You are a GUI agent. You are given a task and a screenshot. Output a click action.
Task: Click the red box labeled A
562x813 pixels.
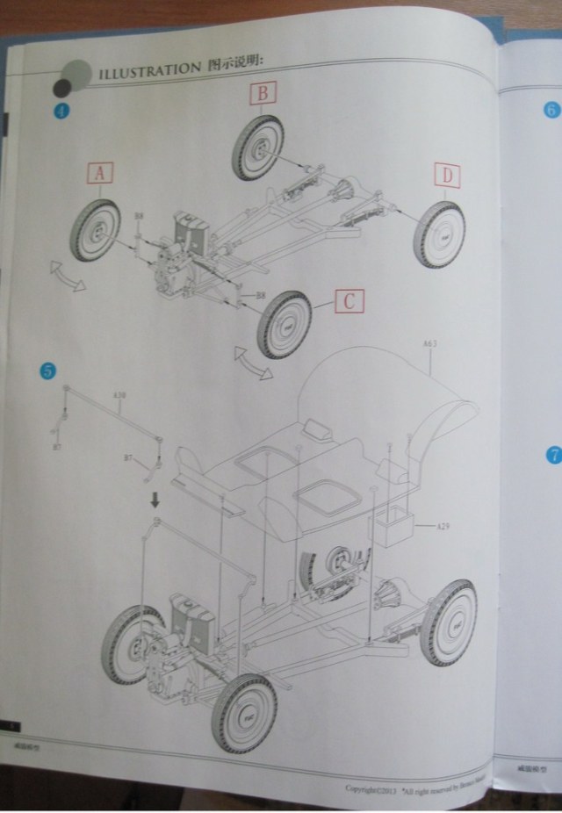pyautogui.click(x=99, y=175)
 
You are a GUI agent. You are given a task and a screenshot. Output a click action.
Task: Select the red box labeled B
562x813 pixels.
pyautogui.click(x=264, y=93)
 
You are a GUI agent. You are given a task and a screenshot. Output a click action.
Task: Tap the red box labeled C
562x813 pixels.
pyautogui.click(x=349, y=302)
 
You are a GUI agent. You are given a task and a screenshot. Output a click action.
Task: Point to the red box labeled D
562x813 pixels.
pyautogui.click(x=446, y=176)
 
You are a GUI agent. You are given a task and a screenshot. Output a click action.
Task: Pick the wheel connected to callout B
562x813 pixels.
pyautogui.click(x=257, y=147)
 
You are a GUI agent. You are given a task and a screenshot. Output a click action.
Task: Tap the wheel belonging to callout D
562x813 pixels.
pyautogui.click(x=439, y=234)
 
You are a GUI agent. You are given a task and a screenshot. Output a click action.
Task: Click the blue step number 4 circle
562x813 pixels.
pyautogui.click(x=61, y=111)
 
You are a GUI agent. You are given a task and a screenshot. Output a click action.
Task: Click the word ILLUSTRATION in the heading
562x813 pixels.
pyautogui.click(x=148, y=69)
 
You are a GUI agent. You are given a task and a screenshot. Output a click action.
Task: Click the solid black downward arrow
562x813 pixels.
pyautogui.click(x=155, y=500)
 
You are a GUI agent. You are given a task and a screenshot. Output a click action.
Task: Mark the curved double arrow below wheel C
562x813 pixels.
pyautogui.click(x=253, y=363)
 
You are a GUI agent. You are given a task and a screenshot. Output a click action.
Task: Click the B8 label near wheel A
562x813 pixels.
pyautogui.click(x=138, y=216)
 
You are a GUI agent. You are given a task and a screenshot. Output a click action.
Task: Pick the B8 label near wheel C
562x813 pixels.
pyautogui.click(x=260, y=296)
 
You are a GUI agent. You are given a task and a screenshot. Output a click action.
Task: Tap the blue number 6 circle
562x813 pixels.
pyautogui.click(x=551, y=110)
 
